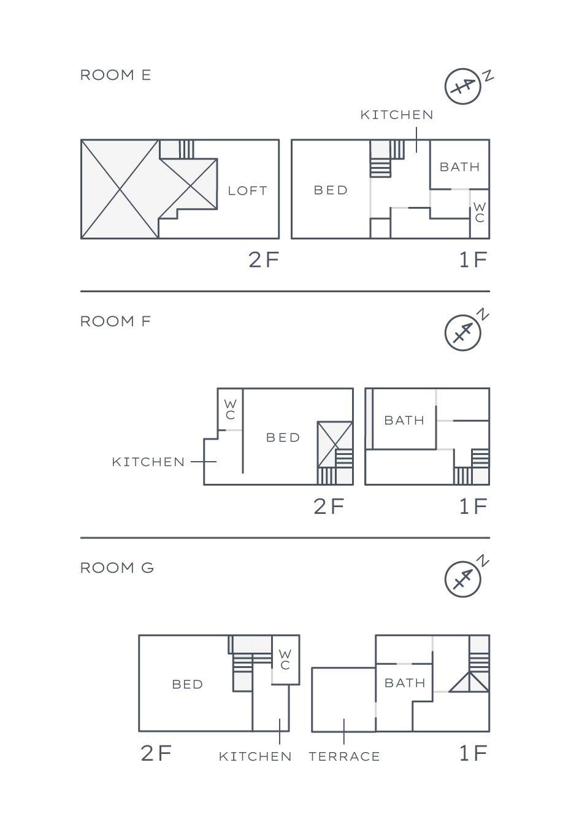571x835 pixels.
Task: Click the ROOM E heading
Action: point(115,75)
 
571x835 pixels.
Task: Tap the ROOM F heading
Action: point(115,321)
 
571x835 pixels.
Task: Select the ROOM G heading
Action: point(117,568)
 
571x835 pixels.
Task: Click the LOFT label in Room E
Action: point(248,191)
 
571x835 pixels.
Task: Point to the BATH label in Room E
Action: point(459,167)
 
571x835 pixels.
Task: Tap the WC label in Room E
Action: point(480,212)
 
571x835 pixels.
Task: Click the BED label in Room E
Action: point(331,190)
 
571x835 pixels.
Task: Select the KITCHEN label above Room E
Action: point(397,115)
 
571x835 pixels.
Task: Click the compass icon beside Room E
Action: point(463,86)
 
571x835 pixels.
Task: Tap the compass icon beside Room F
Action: point(463,333)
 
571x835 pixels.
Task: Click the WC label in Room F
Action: point(230,410)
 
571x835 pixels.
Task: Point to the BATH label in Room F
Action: point(404,421)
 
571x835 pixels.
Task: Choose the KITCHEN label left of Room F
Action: point(148,462)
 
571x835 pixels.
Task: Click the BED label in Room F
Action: point(283,438)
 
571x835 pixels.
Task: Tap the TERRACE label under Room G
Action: point(344,756)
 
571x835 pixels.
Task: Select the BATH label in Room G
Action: point(405,683)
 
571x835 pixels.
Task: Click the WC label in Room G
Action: point(285,659)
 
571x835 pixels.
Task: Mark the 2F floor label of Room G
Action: point(156,753)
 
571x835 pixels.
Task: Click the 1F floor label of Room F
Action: point(473,506)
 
